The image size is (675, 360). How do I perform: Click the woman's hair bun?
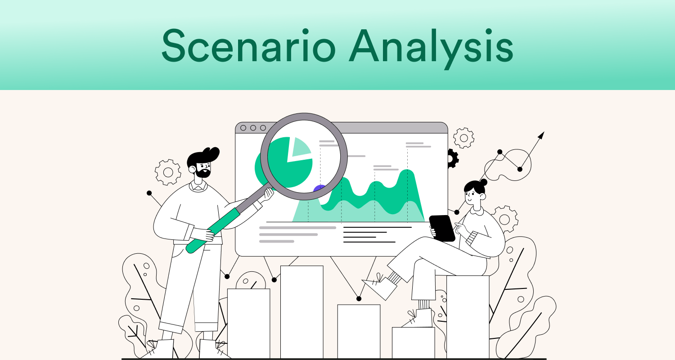point(483,182)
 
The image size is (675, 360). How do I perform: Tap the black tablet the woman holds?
point(442,228)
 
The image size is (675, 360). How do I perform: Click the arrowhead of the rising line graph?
point(541,135)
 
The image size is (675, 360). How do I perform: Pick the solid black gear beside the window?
point(452,158)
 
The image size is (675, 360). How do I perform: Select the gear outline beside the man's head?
point(168,172)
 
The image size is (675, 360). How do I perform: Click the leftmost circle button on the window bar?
point(243,128)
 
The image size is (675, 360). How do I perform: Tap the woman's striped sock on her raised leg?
point(394,278)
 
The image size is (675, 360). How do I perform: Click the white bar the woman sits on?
point(468,315)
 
